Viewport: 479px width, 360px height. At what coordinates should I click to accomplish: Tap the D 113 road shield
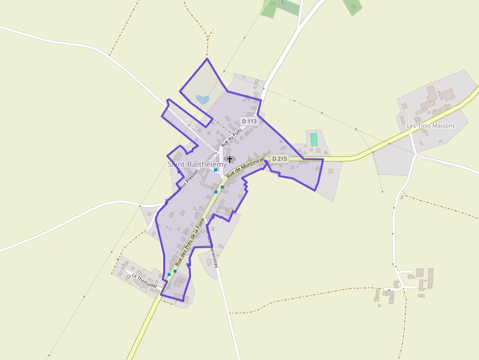tap(249, 121)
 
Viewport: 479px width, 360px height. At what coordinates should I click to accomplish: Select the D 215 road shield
tap(279, 158)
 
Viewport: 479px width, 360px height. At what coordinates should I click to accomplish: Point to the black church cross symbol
tap(230, 159)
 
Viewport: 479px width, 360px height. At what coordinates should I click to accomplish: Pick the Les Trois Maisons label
tap(431, 126)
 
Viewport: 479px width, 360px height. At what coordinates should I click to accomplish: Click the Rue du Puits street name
tap(231, 137)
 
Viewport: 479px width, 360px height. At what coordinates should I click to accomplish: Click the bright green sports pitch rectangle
tap(314, 139)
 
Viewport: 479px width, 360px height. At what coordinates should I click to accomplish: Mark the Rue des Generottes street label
tap(211, 247)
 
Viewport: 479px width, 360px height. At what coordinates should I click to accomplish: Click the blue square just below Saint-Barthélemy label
tap(216, 170)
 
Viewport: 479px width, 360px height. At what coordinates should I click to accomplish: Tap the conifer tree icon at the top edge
tap(282, 2)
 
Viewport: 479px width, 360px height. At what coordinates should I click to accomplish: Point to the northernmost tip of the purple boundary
tap(207, 59)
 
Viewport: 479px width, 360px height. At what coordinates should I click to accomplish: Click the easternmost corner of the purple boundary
tap(324, 159)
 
